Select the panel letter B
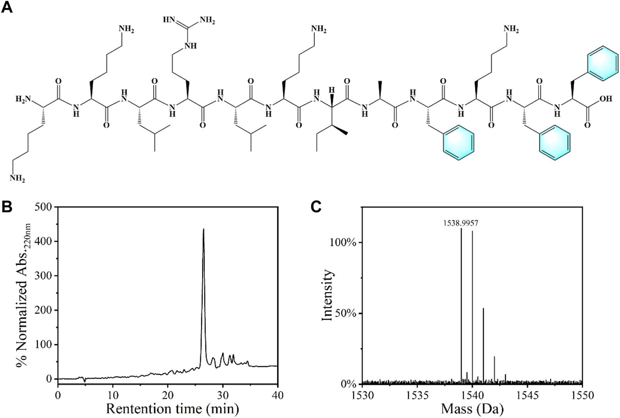point(7,207)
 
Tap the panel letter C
point(316,207)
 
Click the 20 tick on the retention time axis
point(168,395)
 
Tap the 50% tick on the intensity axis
point(346,313)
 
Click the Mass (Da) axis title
point(472,409)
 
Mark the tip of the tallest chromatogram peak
point(203,229)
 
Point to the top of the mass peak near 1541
point(483,308)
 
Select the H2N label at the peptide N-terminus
point(23,99)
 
